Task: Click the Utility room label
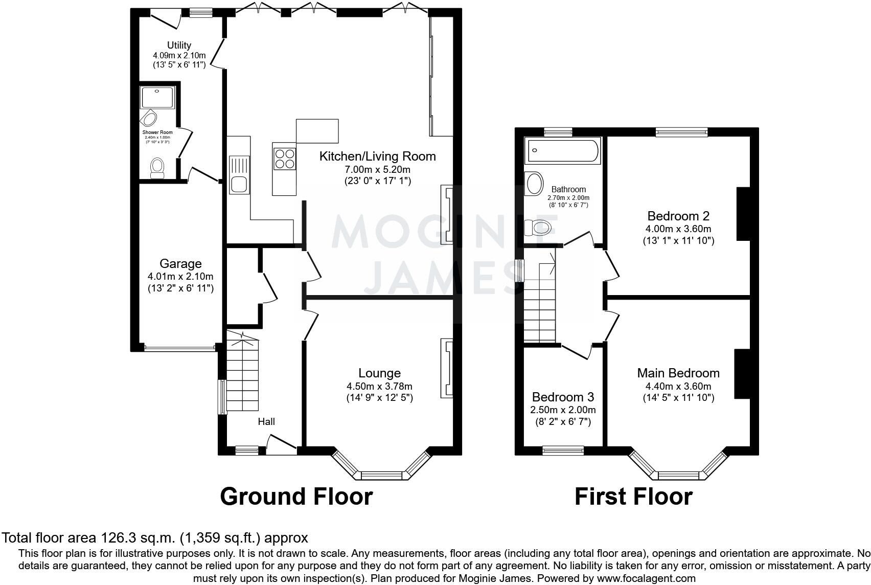click(179, 45)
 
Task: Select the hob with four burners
click(284, 157)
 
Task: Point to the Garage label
click(180, 264)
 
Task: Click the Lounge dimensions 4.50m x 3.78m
click(379, 386)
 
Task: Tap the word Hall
click(266, 421)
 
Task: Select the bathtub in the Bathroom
click(562, 151)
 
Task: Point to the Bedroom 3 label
click(563, 397)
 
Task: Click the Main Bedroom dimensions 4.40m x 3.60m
click(678, 386)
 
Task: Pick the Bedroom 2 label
click(678, 216)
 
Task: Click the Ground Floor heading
click(296, 497)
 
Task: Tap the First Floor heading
click(633, 497)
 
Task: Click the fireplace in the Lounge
click(446, 368)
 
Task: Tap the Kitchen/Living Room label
click(377, 156)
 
